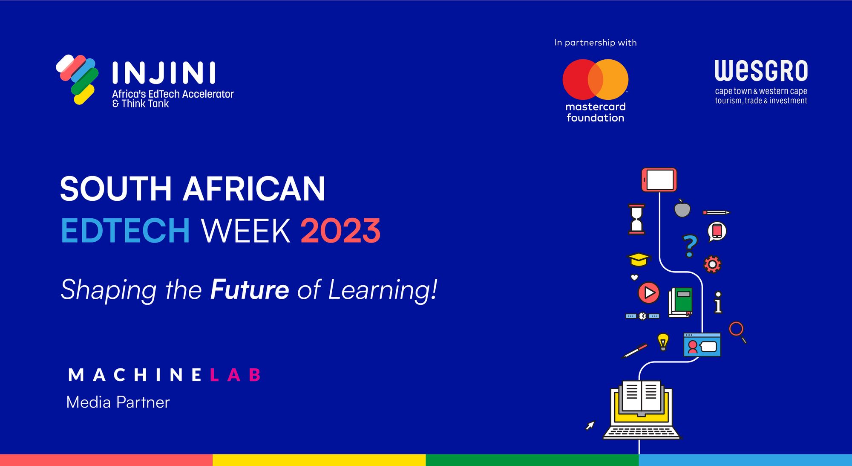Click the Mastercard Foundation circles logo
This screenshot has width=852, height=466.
click(x=595, y=80)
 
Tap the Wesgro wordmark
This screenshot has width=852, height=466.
click(x=761, y=71)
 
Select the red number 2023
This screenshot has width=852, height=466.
click(x=340, y=231)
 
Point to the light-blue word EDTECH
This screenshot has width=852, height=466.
click(x=125, y=231)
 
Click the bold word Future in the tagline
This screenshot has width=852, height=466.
click(x=250, y=290)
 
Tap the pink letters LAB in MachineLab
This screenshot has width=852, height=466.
click(x=235, y=375)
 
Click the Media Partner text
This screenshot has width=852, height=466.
click(x=118, y=402)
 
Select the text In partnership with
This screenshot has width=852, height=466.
click(x=595, y=43)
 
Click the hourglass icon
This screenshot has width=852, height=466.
click(x=636, y=219)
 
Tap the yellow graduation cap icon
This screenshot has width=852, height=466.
click(x=639, y=259)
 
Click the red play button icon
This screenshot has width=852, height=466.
click(x=648, y=292)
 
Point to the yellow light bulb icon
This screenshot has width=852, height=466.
click(x=663, y=342)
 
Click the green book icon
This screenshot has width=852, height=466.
click(x=681, y=302)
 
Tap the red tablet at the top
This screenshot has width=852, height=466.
click(x=659, y=179)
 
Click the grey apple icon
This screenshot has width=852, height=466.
click(x=682, y=209)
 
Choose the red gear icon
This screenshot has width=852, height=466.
click(x=712, y=264)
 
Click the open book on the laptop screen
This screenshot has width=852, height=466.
click(x=641, y=397)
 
